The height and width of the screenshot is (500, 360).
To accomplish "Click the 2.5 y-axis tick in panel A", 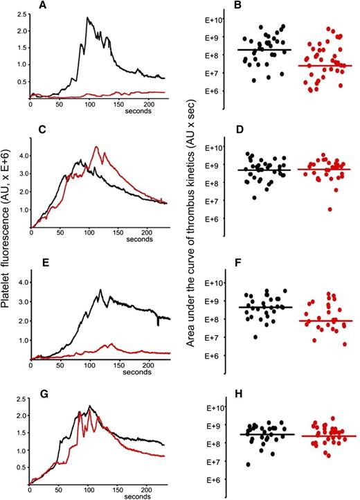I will click(19, 15).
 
